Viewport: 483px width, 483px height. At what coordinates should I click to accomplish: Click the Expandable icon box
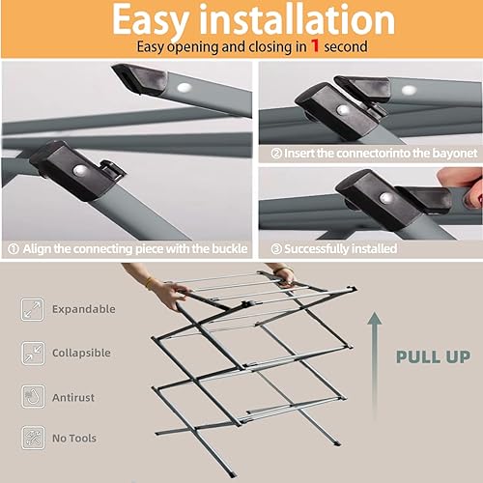[33, 309]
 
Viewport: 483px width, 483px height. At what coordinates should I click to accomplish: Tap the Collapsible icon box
[33, 353]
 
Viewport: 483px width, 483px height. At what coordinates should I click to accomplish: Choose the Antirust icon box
[33, 395]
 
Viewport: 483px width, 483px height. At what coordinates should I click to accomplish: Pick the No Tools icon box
[33, 438]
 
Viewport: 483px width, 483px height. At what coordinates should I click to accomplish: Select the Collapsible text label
[80, 353]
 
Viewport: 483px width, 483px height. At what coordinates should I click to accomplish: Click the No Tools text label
[74, 438]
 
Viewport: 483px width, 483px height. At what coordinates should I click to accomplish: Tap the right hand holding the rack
[284, 277]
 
